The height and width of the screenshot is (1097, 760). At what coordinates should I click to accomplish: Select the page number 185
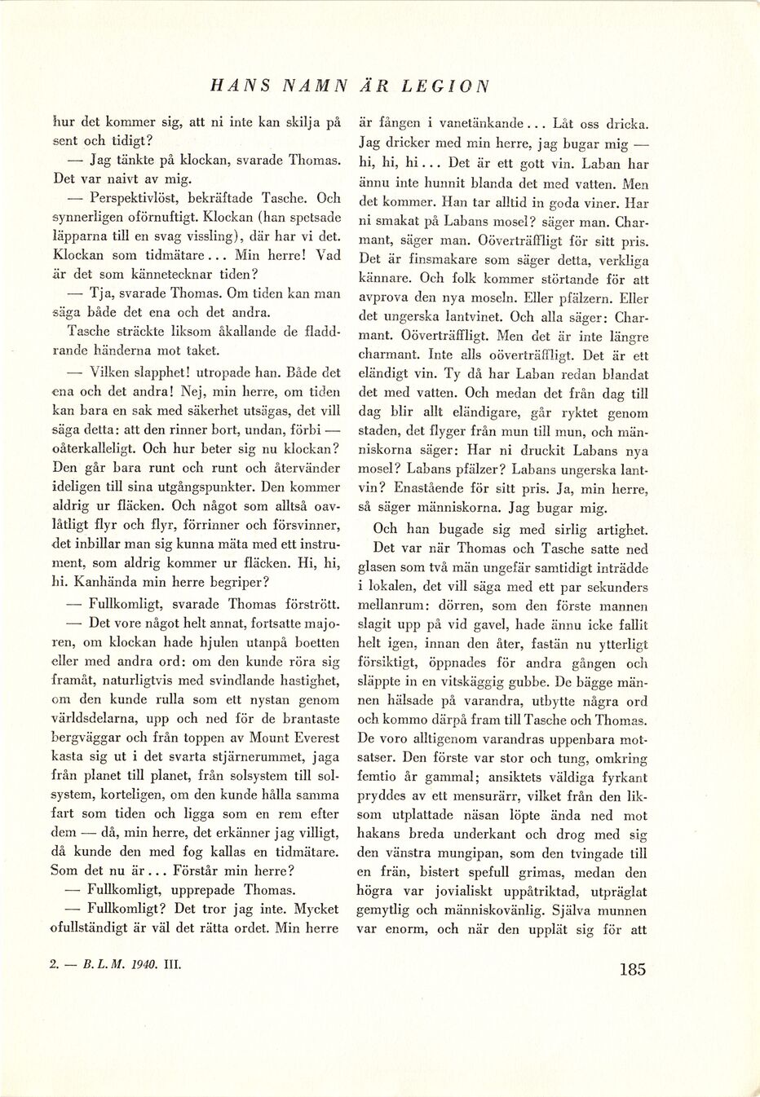632,969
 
